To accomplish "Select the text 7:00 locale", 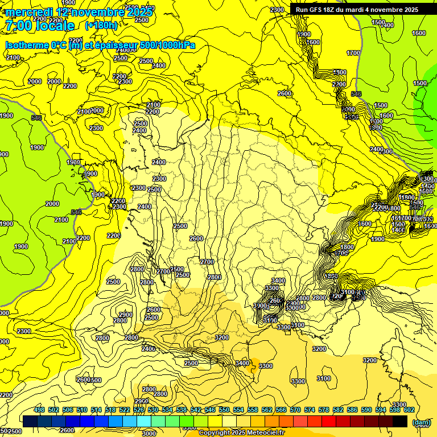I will (x=39, y=26).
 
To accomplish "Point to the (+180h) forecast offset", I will (x=101, y=26).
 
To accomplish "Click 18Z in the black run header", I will (x=334, y=10).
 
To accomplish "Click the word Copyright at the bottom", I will (x=215, y=432).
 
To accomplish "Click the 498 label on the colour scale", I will (x=39, y=410).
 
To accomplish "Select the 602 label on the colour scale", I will (x=409, y=410).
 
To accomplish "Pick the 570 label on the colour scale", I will (x=295, y=410).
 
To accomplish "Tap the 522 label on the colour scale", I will (x=124, y=410).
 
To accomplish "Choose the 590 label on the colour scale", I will (x=366, y=410).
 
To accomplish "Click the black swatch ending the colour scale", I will (x=400, y=421).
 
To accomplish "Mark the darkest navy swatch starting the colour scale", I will (x=30, y=421).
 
